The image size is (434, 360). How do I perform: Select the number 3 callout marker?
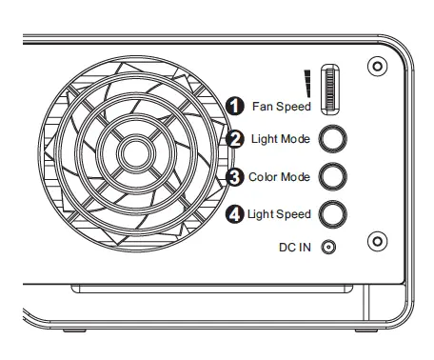coord(235,176)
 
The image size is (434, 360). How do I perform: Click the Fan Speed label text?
coord(282,107)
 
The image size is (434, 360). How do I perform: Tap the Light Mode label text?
coord(281,139)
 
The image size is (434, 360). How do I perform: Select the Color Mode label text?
coord(280,176)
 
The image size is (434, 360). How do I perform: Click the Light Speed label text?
coord(279,213)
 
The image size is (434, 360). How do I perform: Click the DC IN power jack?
coord(330,247)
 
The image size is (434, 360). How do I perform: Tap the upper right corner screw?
coord(378,68)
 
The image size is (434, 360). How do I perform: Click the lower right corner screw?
coord(378,241)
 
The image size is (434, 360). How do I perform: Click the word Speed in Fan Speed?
coord(294,107)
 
